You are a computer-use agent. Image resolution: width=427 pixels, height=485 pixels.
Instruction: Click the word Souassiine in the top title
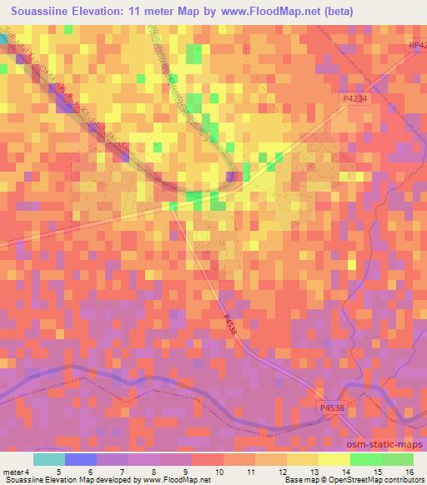click(41, 12)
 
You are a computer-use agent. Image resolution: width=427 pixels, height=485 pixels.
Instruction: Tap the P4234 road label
click(354, 97)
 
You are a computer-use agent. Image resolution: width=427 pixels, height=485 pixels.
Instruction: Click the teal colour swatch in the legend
click(48, 459)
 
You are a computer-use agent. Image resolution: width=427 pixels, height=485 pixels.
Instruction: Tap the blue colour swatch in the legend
click(79, 459)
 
